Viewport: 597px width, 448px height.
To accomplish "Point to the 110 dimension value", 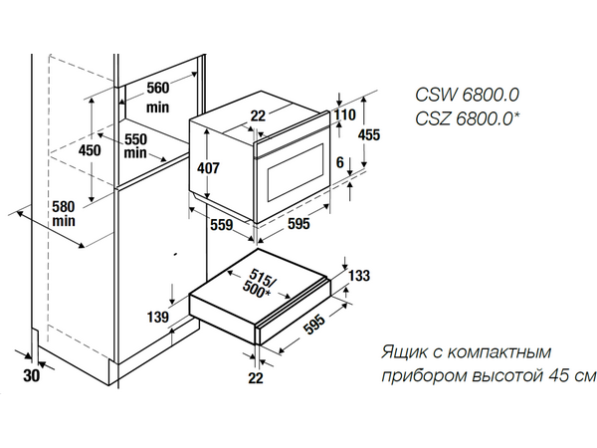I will (x=345, y=115).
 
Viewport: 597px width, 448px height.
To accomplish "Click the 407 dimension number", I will (x=207, y=168).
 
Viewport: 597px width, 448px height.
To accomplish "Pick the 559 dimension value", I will (x=221, y=226).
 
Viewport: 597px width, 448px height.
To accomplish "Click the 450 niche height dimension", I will (x=91, y=150).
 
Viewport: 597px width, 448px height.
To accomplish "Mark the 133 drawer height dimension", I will (x=359, y=276).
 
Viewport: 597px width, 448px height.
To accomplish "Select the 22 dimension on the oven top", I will (x=258, y=116).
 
